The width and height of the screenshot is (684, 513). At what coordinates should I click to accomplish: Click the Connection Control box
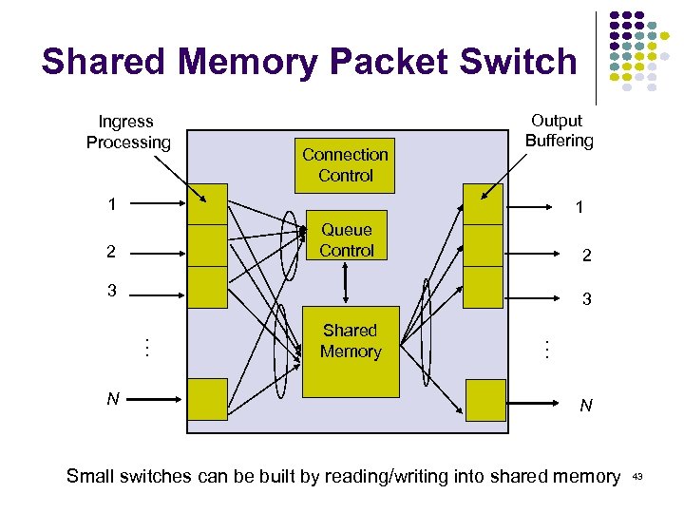click(x=345, y=164)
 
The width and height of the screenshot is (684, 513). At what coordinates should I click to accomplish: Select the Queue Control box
click(x=346, y=239)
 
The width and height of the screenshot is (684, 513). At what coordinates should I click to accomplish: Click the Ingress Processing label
click(x=127, y=132)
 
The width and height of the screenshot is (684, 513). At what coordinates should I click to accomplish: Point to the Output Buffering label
click(x=558, y=131)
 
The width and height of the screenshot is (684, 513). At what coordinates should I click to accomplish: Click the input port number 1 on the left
click(x=112, y=204)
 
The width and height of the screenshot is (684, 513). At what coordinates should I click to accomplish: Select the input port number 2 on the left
click(x=112, y=252)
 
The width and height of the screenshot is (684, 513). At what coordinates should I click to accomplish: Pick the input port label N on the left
click(x=112, y=399)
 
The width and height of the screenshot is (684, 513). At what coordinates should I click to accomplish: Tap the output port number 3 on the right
click(x=587, y=299)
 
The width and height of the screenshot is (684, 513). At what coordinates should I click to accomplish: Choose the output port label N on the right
click(x=586, y=406)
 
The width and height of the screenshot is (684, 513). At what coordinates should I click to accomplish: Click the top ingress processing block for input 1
click(x=207, y=203)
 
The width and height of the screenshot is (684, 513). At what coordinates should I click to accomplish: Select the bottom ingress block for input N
click(x=207, y=399)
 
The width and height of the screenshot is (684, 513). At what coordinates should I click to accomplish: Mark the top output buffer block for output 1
click(x=483, y=203)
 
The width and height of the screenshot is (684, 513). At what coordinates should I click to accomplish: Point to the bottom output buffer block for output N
click(x=485, y=399)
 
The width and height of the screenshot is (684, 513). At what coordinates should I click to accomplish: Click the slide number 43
click(x=636, y=476)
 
